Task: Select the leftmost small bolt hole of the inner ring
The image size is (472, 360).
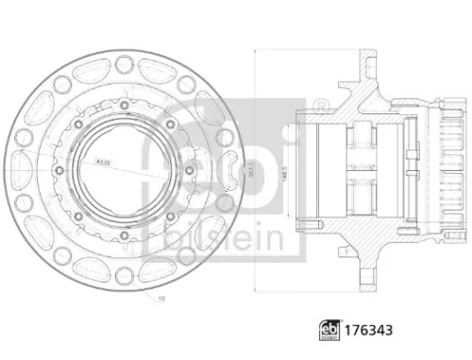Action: [x=59, y=170]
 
